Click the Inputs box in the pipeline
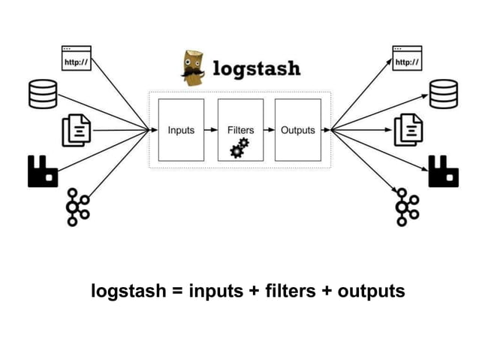pos(180,129)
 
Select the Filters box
pos(239,129)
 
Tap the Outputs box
pos(297,129)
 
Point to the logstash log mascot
pos(193,68)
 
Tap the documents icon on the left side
pos(76,130)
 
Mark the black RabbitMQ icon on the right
pos(443,171)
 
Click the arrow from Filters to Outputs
pos(269,129)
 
